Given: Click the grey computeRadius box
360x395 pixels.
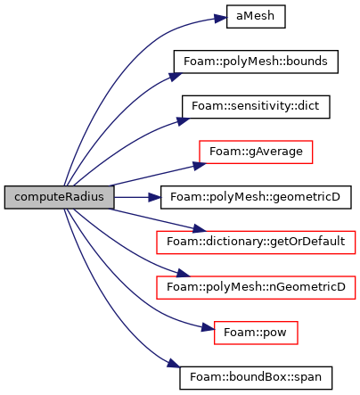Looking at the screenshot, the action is (x=59, y=197).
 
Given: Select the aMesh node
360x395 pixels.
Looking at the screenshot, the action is (x=256, y=16).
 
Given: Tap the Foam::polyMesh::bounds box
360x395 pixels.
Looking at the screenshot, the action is (x=256, y=62).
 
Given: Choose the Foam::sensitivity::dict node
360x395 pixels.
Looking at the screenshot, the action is (x=256, y=107).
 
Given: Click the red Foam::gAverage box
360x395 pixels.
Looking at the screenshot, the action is (x=256, y=152).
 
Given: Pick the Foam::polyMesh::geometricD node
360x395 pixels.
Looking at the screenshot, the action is (x=256, y=197).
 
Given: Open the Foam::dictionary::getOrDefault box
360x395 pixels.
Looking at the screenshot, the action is (x=256, y=243).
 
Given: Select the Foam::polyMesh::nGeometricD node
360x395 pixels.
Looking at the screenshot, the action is (x=256, y=287).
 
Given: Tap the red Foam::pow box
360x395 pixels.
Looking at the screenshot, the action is (x=256, y=333).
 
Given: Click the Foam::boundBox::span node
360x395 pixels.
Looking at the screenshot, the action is (x=256, y=378).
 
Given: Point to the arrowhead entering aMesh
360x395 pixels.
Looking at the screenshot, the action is (x=220, y=19).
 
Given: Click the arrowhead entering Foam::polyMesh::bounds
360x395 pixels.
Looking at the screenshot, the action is (x=176, y=76).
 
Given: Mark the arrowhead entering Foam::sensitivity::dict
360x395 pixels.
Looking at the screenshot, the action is (x=183, y=120).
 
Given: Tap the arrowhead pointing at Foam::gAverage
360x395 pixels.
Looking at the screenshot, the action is (x=200, y=165).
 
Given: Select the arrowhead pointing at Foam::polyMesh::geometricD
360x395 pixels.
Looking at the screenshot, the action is (x=154, y=197).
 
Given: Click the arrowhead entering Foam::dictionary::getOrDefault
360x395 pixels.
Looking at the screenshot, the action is (x=200, y=229).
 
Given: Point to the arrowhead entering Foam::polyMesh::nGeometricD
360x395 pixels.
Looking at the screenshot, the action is (x=183, y=274).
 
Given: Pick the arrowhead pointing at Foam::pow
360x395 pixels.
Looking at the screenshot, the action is (x=208, y=328).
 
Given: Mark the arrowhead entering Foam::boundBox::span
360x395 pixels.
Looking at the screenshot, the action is (x=174, y=364).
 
